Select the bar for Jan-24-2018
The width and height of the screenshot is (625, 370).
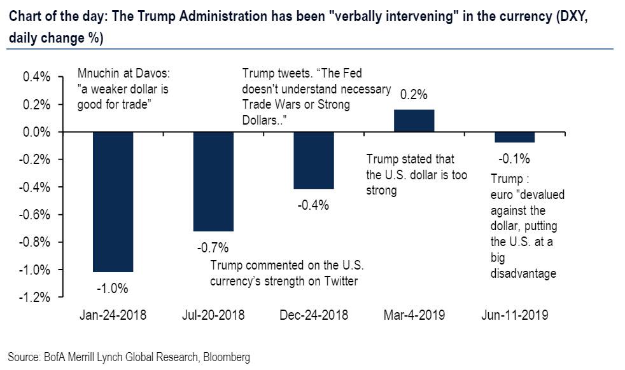click(113, 202)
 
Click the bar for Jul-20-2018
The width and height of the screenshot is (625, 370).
click(213, 181)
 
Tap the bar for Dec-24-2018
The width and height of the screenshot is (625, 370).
click(314, 160)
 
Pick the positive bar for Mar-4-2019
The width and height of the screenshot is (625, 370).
click(414, 121)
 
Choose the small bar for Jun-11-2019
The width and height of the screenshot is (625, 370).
click(514, 137)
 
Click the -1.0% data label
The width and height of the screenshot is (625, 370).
click(113, 288)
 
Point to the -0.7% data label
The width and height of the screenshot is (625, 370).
click(213, 247)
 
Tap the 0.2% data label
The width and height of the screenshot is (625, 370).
click(414, 94)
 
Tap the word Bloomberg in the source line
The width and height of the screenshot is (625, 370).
click(227, 357)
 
